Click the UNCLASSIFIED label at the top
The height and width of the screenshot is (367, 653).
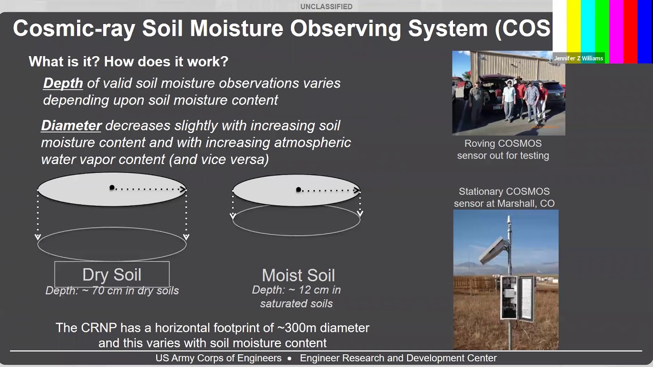pos(326,7)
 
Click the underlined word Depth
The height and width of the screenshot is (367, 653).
pos(63,83)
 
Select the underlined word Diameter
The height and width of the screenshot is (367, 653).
pos(71,125)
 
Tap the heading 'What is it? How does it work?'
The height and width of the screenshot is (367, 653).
pos(128,62)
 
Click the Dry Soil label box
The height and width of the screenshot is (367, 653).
pos(112,275)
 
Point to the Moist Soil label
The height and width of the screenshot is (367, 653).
pos(298,275)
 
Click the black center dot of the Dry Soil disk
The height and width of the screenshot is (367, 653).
pos(112,188)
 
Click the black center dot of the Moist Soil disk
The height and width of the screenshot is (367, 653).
pos(298,190)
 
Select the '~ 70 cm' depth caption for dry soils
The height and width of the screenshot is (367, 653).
pos(112,291)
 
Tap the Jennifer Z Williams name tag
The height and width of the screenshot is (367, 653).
pos(579,58)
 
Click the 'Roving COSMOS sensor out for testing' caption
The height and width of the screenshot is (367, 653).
pos(503,149)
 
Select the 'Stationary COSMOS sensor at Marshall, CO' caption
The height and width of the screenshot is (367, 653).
pos(504,197)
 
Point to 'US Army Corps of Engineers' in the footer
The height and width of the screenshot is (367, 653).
pos(218,358)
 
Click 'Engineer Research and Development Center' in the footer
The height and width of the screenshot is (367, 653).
pos(398,358)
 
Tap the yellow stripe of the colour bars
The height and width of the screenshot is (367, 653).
pos(574,25)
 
